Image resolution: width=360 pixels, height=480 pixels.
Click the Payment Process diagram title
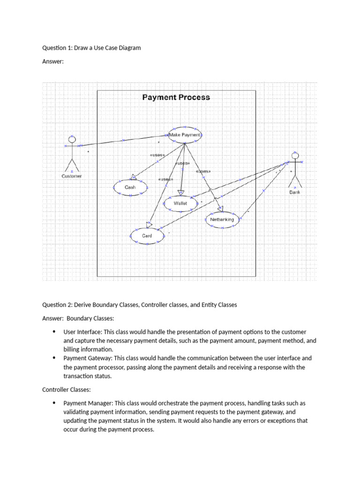(176, 97)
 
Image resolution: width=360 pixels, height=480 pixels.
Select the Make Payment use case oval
(185, 135)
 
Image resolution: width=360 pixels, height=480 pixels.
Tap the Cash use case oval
(130, 187)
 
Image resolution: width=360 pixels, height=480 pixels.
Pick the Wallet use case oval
(180, 203)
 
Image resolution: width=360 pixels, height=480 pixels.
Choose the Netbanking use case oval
(222, 219)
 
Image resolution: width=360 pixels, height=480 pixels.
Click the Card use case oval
(147, 236)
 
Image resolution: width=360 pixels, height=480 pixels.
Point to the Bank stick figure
(294, 169)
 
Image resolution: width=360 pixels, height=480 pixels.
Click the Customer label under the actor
(72, 176)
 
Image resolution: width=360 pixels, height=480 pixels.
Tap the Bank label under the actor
(294, 192)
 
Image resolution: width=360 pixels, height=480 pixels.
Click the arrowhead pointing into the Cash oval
(134, 177)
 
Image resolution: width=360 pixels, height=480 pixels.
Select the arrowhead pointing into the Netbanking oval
(220, 209)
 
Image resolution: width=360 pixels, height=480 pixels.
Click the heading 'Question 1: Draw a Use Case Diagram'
(91, 48)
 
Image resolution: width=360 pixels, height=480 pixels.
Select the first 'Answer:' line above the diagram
(52, 62)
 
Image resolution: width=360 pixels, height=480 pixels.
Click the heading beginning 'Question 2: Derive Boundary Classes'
(139, 305)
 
